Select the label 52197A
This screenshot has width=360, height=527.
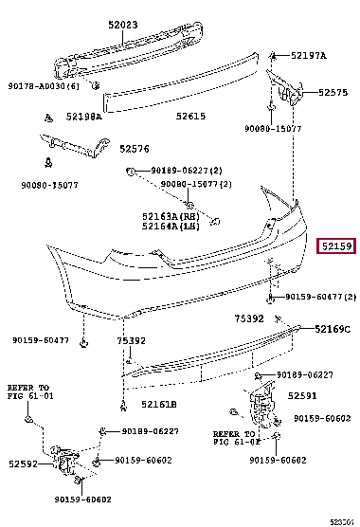tap(309, 56)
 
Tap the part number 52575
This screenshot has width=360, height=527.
tap(334, 92)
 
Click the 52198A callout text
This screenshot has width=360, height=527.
tap(86, 118)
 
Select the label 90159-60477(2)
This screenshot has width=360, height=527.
tap(320, 297)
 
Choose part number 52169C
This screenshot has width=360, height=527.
tap(333, 329)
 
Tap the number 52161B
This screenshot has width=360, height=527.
tap(160, 405)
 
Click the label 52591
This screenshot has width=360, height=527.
tap(302, 396)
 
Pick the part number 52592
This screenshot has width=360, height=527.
tap(26, 465)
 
